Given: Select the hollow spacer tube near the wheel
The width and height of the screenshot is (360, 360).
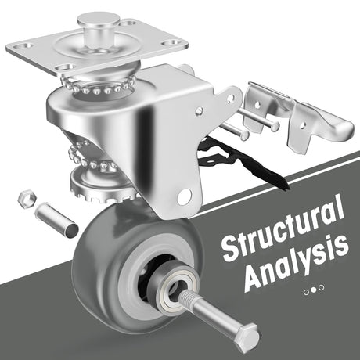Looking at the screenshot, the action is pos(56,221).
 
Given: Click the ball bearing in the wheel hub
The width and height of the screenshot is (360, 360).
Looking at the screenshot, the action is pos(173,285).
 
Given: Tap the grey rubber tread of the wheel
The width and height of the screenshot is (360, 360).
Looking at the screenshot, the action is pos(96,264).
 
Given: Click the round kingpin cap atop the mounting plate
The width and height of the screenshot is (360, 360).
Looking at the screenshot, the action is pos(99,20).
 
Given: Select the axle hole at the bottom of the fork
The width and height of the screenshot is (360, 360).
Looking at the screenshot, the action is pos(185,196).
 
